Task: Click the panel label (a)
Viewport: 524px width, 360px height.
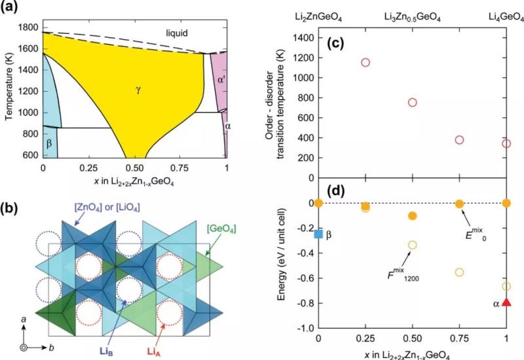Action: click(11, 7)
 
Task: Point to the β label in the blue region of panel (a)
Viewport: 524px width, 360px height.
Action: click(49, 140)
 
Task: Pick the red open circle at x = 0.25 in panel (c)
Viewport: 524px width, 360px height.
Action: click(365, 62)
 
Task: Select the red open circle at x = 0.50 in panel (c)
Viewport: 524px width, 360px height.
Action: click(412, 102)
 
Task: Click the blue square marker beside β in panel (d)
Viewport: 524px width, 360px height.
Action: click(318, 234)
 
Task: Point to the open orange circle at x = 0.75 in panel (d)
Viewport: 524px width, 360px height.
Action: click(459, 272)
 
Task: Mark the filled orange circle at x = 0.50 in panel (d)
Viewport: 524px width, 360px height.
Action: click(412, 215)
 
